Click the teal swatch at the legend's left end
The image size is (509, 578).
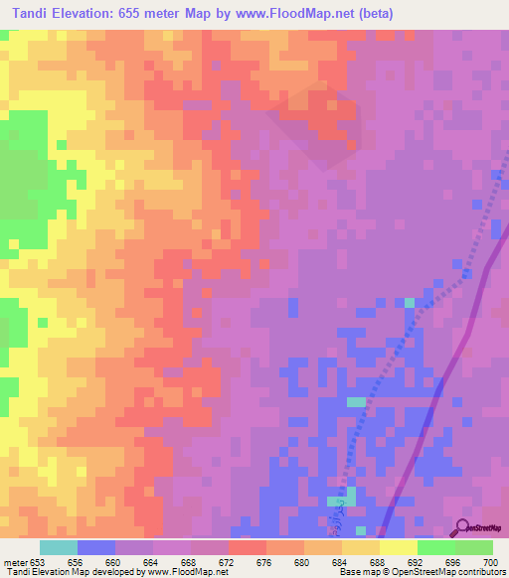click(x=58, y=547)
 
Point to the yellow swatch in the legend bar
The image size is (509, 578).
click(x=398, y=547)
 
